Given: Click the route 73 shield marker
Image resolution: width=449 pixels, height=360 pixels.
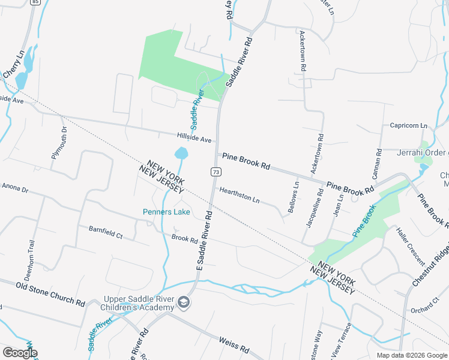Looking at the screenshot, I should [x=214, y=172].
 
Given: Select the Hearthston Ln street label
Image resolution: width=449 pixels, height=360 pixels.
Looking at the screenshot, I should [x=239, y=194].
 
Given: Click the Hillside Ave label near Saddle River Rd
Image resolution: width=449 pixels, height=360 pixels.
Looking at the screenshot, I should [x=194, y=138].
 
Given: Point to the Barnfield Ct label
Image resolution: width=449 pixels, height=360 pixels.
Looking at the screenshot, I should [x=105, y=233].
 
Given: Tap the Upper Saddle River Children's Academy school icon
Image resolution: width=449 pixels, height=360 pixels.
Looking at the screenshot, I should [x=184, y=304].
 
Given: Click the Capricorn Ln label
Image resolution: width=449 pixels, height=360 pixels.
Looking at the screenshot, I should [x=408, y=126].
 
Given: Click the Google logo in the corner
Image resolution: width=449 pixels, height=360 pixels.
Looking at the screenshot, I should [x=20, y=353].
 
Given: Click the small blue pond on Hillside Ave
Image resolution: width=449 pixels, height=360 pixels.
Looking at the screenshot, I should [x=181, y=154].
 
